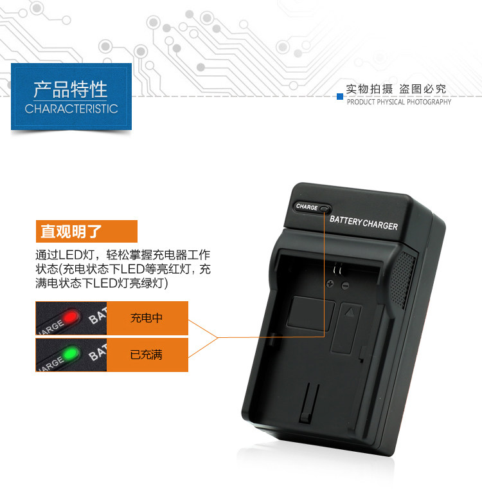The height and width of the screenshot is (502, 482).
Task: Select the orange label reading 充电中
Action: click(x=147, y=317)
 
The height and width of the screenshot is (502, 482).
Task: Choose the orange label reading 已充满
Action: click(x=147, y=354)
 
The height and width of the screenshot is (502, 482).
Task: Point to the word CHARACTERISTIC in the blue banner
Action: click(x=71, y=109)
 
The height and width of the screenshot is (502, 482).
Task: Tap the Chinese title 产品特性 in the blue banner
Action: click(x=71, y=89)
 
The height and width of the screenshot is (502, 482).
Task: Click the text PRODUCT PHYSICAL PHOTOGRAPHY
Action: click(x=398, y=102)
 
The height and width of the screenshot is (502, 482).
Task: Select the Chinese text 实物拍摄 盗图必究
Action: click(x=396, y=89)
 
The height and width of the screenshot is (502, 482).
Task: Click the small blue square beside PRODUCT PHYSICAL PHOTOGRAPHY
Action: click(x=340, y=97)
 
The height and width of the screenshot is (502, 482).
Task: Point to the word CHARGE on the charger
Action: click(x=307, y=207)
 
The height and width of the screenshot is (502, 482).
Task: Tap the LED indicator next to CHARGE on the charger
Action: click(x=324, y=209)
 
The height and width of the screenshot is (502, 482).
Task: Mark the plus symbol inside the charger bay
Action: click(x=330, y=284)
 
